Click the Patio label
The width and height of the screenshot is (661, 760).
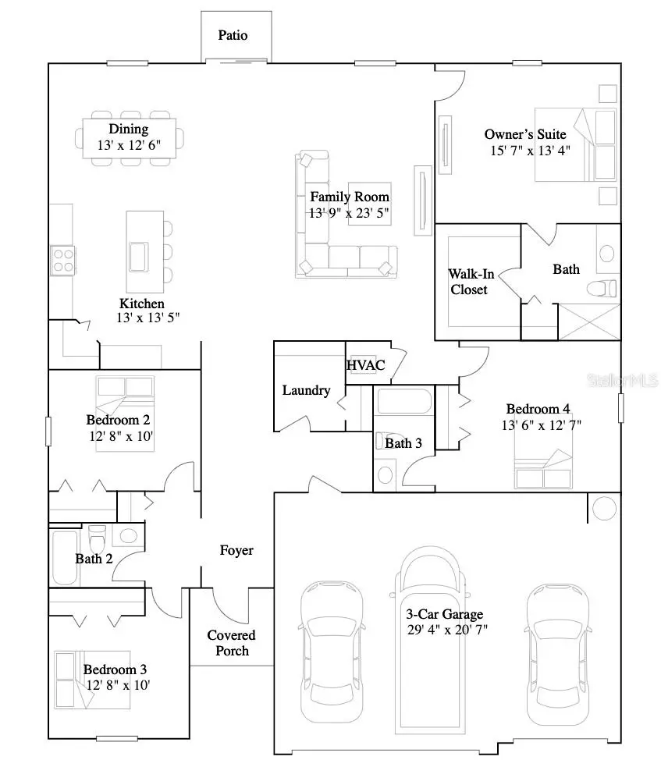[x=233, y=36]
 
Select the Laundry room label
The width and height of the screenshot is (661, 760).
[x=306, y=390]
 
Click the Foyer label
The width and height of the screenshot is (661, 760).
[x=236, y=550]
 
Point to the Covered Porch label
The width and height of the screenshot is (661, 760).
[x=232, y=643]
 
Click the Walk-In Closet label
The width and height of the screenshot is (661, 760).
[x=467, y=282]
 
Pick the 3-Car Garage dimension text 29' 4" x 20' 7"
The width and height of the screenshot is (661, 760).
[x=448, y=630]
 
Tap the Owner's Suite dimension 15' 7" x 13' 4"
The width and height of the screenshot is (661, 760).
[x=530, y=151]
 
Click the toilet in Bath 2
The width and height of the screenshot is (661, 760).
[x=98, y=538]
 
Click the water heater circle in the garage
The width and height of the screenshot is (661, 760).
[x=603, y=508]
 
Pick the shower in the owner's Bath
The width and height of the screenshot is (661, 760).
[x=589, y=321]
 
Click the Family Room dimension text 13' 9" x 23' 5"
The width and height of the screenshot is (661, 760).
[x=349, y=212]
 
